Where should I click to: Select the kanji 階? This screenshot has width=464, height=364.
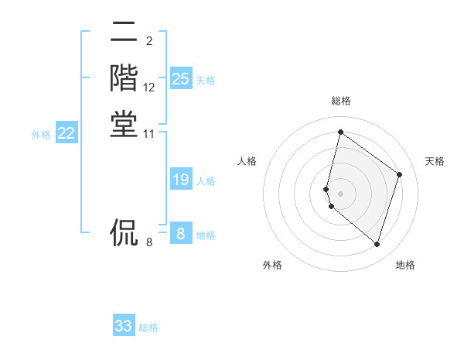tap(124, 77)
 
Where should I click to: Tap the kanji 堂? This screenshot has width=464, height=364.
tap(124, 124)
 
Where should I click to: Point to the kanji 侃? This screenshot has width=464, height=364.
tap(124, 232)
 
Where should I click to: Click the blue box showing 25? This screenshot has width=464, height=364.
tap(181, 79)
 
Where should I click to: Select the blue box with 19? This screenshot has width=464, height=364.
tap(181, 180)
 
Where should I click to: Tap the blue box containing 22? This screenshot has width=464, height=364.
tap(67, 133)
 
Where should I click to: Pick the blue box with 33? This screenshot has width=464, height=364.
tap(124, 326)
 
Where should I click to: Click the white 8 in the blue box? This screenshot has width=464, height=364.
tap(181, 234)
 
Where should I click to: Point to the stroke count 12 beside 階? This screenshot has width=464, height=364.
tap(149, 88)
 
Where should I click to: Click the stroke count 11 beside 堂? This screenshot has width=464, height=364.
tap(149, 134)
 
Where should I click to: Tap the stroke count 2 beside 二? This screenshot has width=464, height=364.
tap(148, 40)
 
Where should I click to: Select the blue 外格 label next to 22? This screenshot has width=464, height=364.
tap(41, 135)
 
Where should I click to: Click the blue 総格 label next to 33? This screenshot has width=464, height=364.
tap(148, 328)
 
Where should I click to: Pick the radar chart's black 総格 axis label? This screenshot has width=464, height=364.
tap(341, 101)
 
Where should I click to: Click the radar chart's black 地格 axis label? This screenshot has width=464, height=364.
tap(405, 265)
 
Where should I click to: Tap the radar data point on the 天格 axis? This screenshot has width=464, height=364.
tap(400, 174)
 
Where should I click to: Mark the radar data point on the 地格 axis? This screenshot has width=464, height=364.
tap(377, 244)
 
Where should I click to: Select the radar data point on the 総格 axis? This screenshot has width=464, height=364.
tap(340, 132)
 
